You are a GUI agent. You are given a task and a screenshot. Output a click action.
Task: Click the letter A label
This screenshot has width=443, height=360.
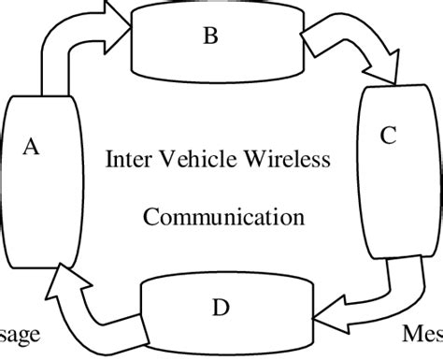point(31,148)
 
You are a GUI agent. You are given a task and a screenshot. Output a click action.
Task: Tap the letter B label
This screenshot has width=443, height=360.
point(210,36)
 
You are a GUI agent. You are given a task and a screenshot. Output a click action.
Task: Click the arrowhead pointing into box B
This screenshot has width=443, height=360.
point(117,18)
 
